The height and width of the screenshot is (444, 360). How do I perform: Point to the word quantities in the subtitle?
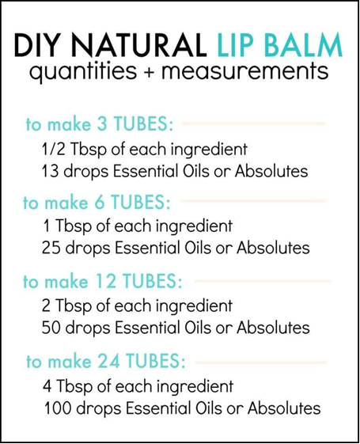click(83, 72)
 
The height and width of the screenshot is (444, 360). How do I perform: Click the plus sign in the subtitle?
click(149, 73)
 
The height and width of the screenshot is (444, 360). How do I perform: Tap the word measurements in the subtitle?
click(245, 71)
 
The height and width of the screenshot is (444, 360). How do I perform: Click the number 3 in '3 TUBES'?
click(102, 123)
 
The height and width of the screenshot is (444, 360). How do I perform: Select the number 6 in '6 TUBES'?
click(99, 202)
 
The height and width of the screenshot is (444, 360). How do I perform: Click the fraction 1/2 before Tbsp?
click(54, 149)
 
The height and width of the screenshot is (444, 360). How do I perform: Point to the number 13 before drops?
click(51, 171)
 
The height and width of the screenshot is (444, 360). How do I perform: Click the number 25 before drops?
click(51, 248)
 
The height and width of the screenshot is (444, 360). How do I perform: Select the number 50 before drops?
click(51, 328)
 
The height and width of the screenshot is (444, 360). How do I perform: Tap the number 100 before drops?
click(58, 408)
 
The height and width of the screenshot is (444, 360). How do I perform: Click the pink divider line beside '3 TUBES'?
click(254, 123)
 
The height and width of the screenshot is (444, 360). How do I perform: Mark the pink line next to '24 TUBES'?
click(261, 362)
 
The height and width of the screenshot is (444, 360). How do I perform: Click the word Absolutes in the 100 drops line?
click(284, 408)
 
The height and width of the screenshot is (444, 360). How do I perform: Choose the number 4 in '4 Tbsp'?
click(47, 386)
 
